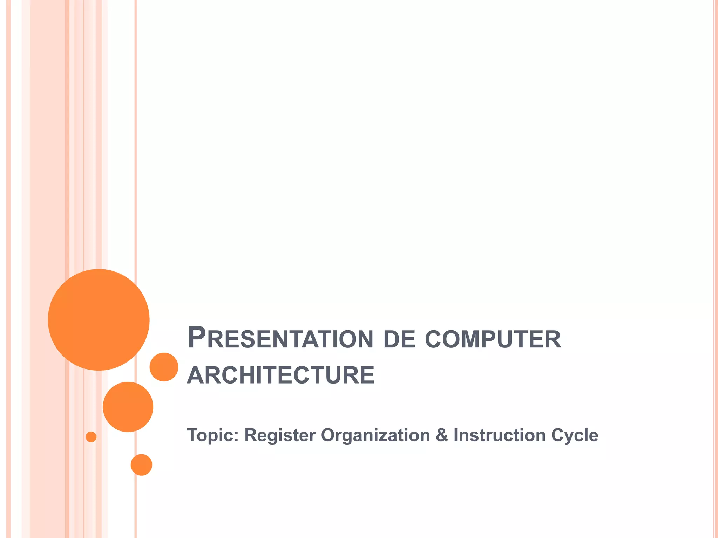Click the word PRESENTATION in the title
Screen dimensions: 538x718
(280, 338)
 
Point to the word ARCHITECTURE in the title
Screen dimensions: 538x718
(281, 375)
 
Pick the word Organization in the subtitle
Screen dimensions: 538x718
(375, 435)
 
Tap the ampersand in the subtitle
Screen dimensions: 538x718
(442, 435)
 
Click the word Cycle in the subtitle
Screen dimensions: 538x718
(575, 435)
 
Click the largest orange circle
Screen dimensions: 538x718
(99, 319)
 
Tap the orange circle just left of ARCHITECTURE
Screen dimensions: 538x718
(164, 367)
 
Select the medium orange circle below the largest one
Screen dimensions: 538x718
(128, 407)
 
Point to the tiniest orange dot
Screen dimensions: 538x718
(91, 437)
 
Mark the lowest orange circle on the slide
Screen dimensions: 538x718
(141, 464)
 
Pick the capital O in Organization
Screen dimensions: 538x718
(328, 435)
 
